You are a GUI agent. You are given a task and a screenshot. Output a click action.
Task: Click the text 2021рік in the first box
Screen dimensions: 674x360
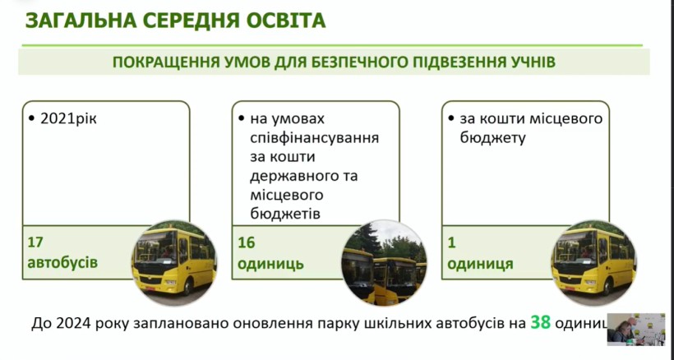[x=68, y=118]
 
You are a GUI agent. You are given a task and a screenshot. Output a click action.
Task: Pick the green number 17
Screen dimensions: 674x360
[x=35, y=242]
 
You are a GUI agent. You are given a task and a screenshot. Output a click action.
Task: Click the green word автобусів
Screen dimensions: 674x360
[x=62, y=262]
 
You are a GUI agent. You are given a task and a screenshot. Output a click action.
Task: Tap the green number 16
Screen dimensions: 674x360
[x=247, y=242]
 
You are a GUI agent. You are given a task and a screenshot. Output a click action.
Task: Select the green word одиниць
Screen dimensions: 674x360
[x=270, y=263]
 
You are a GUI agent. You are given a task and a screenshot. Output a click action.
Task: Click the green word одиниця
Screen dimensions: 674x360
[x=480, y=263]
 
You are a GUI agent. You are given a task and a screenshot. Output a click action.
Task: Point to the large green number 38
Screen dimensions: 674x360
[x=540, y=322]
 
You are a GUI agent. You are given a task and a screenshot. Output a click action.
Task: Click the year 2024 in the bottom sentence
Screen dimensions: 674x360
[x=73, y=324]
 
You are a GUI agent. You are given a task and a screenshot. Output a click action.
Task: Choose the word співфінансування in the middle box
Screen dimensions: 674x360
[x=314, y=138]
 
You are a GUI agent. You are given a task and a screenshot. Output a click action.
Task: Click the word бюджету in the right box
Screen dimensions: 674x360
[x=492, y=138]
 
